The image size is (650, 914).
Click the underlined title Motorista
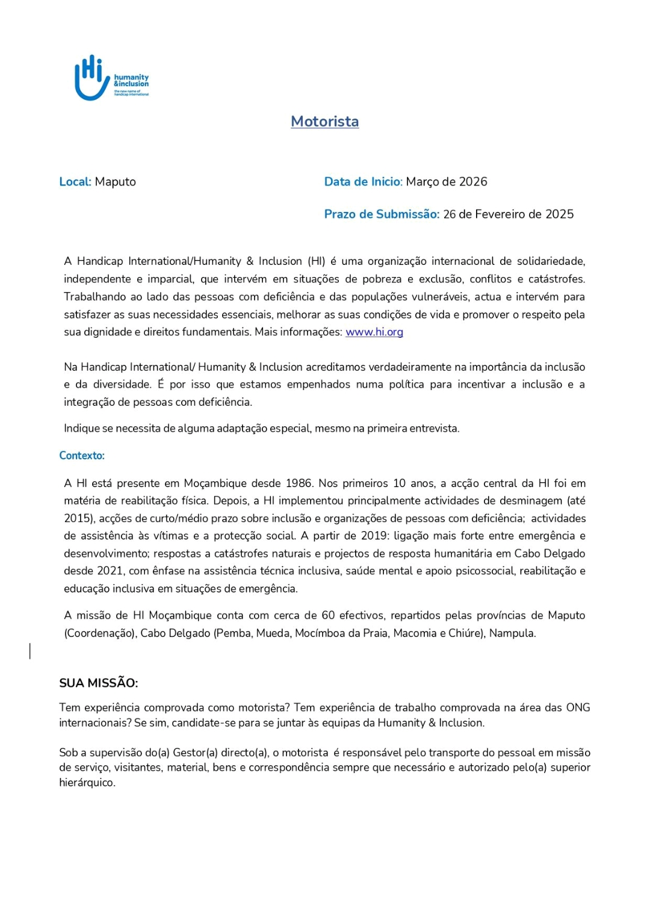coord(324,122)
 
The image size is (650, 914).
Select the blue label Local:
coord(75,182)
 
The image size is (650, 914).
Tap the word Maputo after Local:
coord(116,182)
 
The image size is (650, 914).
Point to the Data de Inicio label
coord(363,182)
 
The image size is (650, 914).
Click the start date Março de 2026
coord(447,182)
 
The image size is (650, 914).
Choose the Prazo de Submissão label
coord(382,214)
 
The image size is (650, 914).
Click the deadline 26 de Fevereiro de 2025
coord(509,214)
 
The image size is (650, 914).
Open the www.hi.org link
coord(374,332)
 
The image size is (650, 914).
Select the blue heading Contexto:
coord(82,456)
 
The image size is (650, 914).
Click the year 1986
coord(299,483)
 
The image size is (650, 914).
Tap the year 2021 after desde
coord(110,571)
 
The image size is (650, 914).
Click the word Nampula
coord(512,633)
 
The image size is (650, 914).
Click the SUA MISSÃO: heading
coord(99,683)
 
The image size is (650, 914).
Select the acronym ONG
coord(578,708)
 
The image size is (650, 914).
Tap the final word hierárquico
coord(87,783)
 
